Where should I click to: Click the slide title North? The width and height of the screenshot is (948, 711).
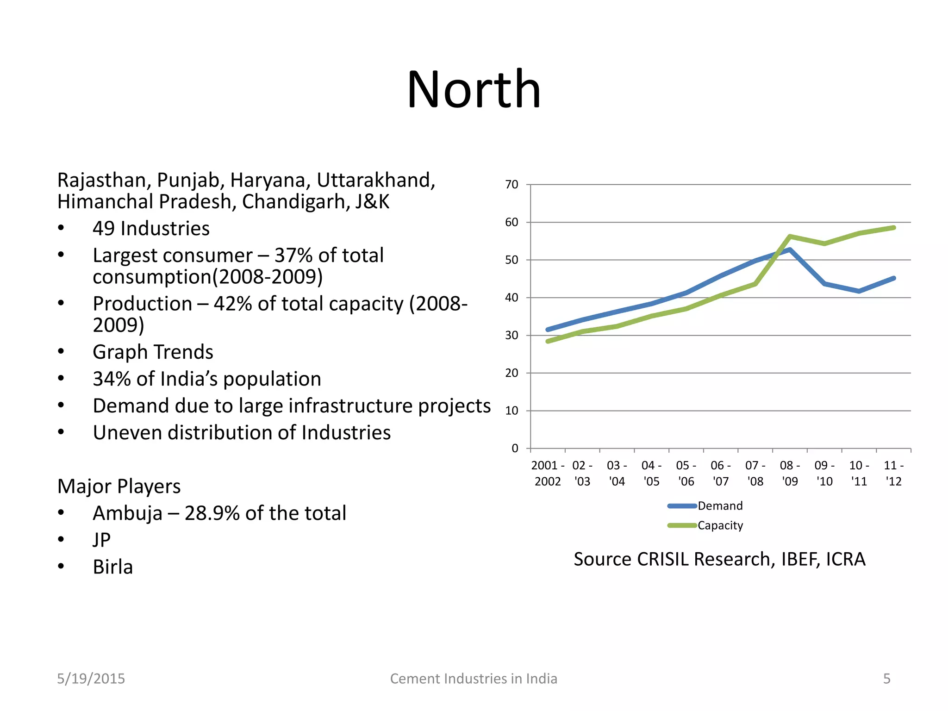(x=474, y=89)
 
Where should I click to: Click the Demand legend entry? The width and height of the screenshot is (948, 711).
(x=720, y=506)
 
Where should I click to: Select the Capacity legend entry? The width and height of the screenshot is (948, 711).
(x=720, y=525)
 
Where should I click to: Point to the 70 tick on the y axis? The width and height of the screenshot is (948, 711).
(x=511, y=185)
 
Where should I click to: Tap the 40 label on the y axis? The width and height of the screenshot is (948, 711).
(x=511, y=298)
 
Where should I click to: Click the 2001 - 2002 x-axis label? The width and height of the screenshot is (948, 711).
(x=548, y=473)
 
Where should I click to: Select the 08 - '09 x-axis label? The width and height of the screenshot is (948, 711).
(x=790, y=473)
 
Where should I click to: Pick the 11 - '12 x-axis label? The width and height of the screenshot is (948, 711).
(x=893, y=473)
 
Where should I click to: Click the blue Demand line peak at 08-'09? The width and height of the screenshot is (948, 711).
(x=790, y=249)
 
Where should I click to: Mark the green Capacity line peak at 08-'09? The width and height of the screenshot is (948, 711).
(x=790, y=237)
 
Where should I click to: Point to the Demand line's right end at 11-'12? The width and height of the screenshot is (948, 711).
(x=893, y=278)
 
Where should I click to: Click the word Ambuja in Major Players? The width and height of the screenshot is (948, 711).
(x=127, y=513)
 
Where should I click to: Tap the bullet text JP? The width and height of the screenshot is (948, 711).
(x=101, y=540)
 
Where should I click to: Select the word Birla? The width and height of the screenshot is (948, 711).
(x=112, y=567)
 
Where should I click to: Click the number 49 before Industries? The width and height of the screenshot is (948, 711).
(x=103, y=229)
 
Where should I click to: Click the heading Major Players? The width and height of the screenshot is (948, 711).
(x=119, y=486)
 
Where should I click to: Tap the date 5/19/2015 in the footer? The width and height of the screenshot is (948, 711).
(x=91, y=679)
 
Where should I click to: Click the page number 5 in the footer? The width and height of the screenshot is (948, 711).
(x=886, y=679)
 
